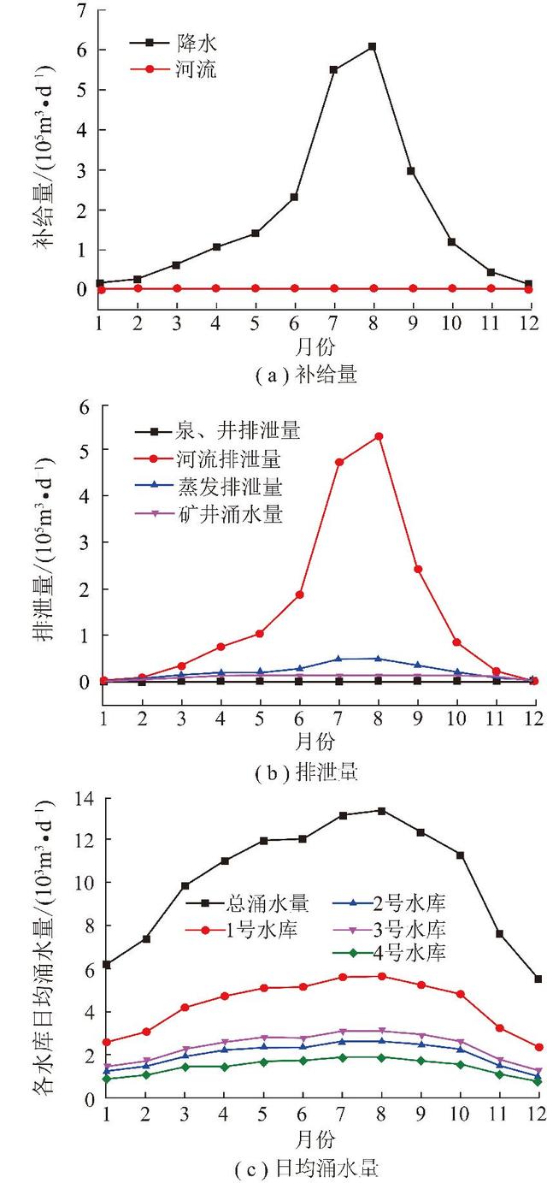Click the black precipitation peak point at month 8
[373, 46]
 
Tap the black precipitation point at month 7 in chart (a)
[333, 70]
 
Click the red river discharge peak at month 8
[379, 436]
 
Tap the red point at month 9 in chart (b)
[418, 569]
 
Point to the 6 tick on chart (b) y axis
[84, 408]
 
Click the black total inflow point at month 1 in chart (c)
[106, 964]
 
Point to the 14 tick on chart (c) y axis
[84, 799]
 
